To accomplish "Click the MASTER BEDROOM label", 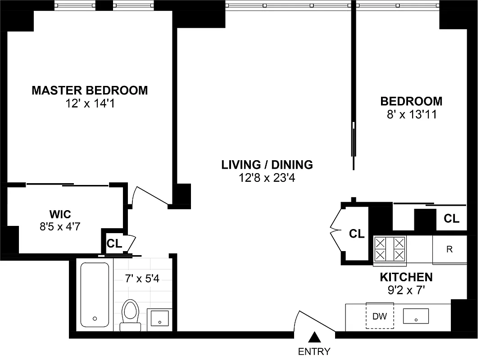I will pos(90,90).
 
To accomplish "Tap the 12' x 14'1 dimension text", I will pos(90,104).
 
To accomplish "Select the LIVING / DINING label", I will pos(267,165).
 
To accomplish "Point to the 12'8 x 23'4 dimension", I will pos(267,178).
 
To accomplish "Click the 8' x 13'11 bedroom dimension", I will pos(411,114).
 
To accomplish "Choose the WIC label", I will pos(60,213).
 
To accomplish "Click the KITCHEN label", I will pos(406,277).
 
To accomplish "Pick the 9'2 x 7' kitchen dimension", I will pos(406,290).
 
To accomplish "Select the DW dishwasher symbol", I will pos(380,316).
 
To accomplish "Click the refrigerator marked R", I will pos(449,249).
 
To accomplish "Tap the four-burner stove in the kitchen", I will pos(390,249).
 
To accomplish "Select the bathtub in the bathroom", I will pos(95,295).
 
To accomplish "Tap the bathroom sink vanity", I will pos(159,318).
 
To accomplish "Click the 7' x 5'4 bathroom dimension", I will pos(142,279).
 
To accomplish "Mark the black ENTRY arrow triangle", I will pos(315,337).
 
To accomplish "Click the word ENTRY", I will pos(314,351).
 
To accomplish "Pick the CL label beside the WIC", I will pos(114,243).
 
